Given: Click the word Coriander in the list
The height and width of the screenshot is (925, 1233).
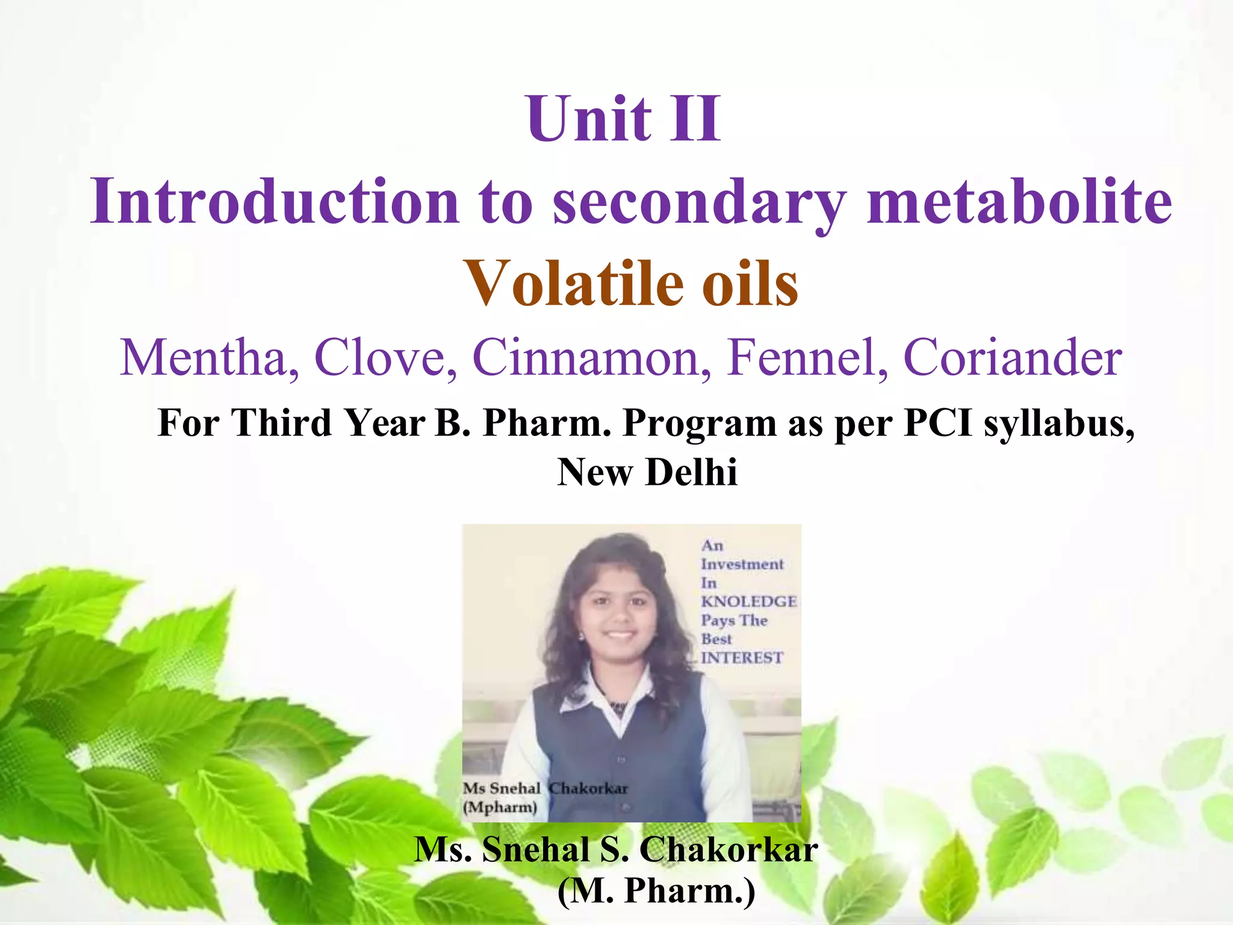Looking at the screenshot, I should pyautogui.click(x=1013, y=358).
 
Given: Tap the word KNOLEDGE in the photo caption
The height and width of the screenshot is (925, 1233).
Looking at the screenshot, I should pyautogui.click(x=748, y=602).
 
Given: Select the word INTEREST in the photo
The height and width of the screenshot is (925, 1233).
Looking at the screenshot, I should pyautogui.click(x=742, y=658).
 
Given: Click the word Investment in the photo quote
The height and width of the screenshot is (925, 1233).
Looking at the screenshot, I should pyautogui.click(x=742, y=564).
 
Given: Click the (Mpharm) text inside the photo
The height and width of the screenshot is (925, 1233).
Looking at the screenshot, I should pyautogui.click(x=500, y=807).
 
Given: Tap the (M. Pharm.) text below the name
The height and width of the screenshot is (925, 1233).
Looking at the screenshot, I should pyautogui.click(x=656, y=891).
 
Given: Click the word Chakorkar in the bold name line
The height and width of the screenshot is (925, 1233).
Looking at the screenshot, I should pyautogui.click(x=728, y=850).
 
